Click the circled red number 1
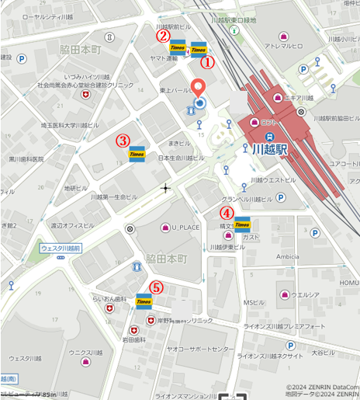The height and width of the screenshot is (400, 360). point(207,59)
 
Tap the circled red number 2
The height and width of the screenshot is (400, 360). point(163,35)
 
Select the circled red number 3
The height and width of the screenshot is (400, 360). point(123,141)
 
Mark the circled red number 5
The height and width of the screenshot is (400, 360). point(156,287)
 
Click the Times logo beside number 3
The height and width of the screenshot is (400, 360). point(138,154)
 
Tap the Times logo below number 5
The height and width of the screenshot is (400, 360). point(144,301)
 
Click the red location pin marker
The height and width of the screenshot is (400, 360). point(199,89)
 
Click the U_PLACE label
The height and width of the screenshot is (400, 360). point(185,228)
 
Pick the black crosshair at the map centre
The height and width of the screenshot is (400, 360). point(164,188)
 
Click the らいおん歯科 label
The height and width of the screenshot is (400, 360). point(109,298)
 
